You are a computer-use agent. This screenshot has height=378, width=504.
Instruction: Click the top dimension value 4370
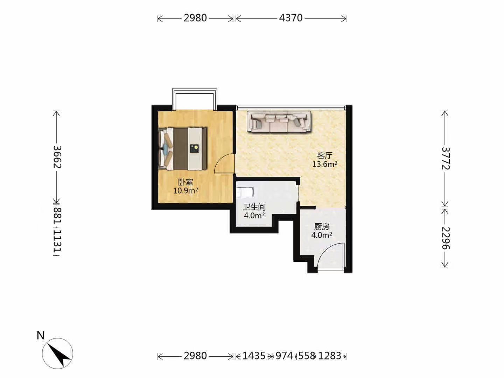(291, 18)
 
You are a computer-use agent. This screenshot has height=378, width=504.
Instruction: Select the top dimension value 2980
(195, 18)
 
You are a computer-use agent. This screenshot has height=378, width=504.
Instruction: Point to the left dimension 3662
(57, 157)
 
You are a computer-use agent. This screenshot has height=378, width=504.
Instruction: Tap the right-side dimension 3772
(446, 158)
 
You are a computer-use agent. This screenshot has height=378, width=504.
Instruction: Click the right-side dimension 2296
(446, 238)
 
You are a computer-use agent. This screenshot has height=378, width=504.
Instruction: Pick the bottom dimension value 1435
(254, 356)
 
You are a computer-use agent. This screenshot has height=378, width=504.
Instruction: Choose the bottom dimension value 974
(285, 356)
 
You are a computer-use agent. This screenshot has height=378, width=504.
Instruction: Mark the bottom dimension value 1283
(330, 356)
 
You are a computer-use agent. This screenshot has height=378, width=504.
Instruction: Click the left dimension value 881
(57, 216)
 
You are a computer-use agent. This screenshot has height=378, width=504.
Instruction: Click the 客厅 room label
(325, 156)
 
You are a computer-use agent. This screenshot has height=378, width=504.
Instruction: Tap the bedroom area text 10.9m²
(185, 190)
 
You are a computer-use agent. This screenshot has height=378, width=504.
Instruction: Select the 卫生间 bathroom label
(254, 207)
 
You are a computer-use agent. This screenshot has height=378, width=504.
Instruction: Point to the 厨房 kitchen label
(322, 227)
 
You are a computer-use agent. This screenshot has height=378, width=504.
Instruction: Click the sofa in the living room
(279, 122)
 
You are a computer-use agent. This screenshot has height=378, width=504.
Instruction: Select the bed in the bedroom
(183, 149)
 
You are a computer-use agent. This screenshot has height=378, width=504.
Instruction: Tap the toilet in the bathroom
(245, 192)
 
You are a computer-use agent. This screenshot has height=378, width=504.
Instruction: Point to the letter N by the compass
(41, 336)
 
